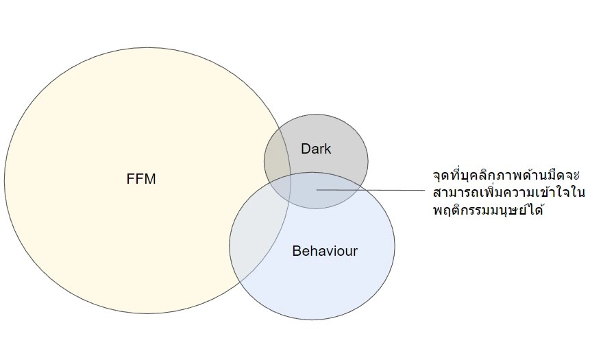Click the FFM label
142,180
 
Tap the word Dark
316,148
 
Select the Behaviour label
325,251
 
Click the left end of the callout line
317,190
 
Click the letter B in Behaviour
296,251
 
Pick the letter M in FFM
151,180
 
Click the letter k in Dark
328,148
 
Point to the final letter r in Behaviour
355,252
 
